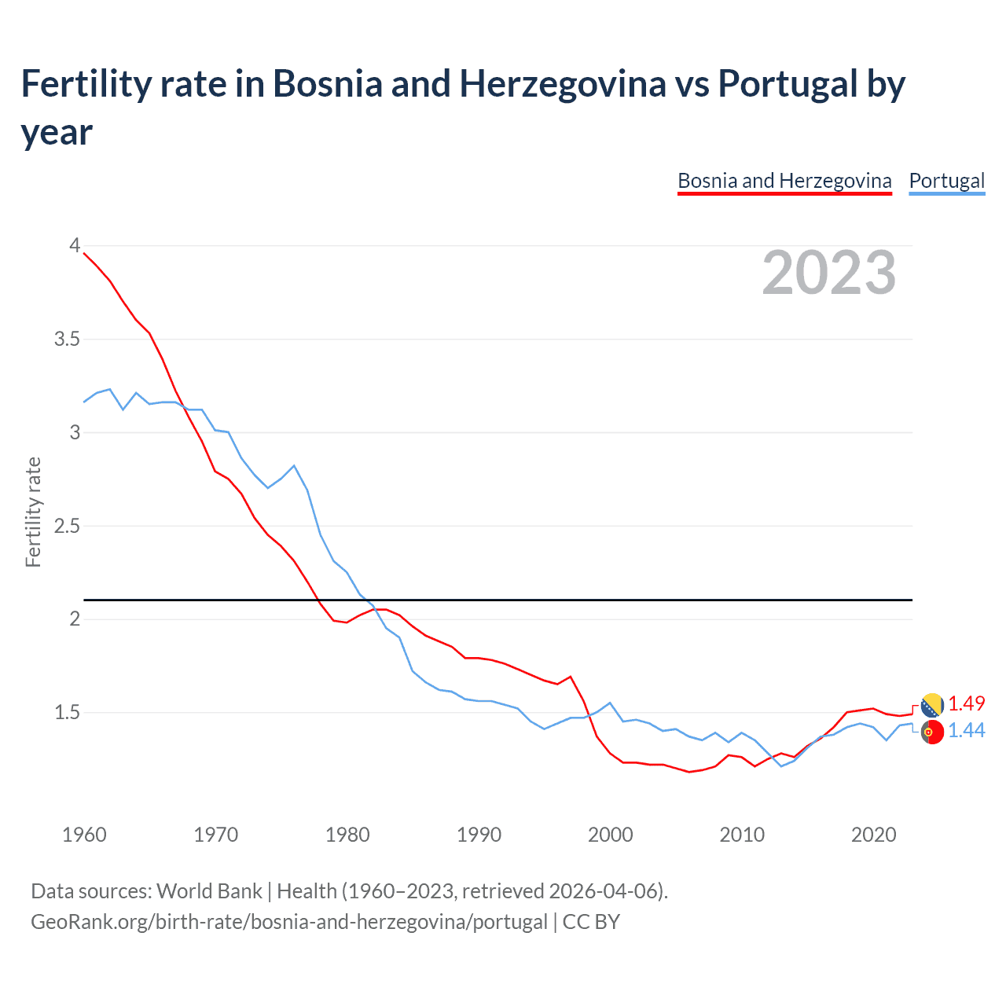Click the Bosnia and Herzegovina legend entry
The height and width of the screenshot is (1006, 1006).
pos(784,181)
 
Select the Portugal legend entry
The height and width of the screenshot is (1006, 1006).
pos(946,181)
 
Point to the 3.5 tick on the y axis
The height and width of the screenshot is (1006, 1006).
pos(67,340)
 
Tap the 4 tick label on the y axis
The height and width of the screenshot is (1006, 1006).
pos(75,246)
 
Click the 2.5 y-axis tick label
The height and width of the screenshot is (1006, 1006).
pos(67,526)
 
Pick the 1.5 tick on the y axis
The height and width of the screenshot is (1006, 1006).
pos(67,713)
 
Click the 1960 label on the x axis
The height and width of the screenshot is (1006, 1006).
pos(84,835)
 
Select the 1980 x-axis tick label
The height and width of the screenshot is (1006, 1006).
pos(347,835)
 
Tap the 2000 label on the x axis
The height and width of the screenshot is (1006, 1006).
pos(610,835)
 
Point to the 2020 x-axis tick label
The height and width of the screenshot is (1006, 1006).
pos(873,835)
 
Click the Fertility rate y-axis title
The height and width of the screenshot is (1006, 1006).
pos(33,512)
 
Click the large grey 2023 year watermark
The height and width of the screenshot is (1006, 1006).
pos(828,273)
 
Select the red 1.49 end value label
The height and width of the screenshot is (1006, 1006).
pos(966,703)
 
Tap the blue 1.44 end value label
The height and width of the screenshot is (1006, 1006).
pos(966,730)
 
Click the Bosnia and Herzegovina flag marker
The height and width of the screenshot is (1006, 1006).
pos(932,705)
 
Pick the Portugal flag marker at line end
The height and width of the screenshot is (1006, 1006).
pos(932,732)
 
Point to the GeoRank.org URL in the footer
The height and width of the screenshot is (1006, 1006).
pos(288,921)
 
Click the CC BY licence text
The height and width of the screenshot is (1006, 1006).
pos(591,921)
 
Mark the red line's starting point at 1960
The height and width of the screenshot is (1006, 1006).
pos(84,253)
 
